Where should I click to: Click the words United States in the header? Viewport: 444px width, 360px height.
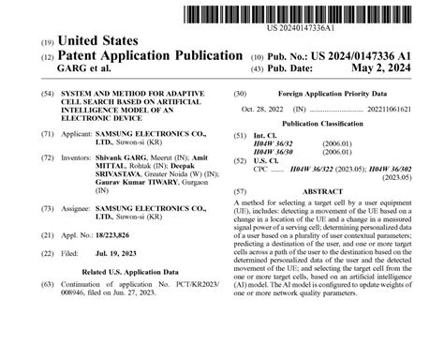click(98, 41)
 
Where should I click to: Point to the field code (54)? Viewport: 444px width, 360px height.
click(47, 95)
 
